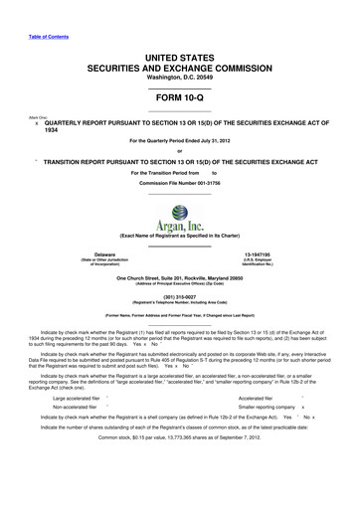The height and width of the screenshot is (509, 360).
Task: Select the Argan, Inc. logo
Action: click(180, 215)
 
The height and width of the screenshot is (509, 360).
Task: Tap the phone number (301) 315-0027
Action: click(179, 295)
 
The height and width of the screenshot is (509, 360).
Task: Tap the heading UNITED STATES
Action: click(179, 33)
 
